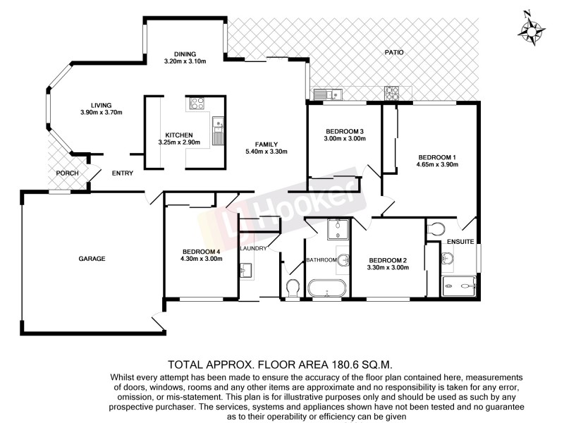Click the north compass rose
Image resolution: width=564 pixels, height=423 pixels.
(x=531, y=29)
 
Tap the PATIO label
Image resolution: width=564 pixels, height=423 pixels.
(x=393, y=51)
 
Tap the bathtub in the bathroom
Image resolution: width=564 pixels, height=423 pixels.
(x=326, y=288)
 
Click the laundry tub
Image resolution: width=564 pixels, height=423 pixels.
(x=246, y=271)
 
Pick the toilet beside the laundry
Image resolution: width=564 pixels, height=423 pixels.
(x=293, y=288)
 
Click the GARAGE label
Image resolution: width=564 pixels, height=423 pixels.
(x=92, y=259)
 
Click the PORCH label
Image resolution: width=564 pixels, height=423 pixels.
(x=67, y=173)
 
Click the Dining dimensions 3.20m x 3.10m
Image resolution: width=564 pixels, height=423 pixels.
(x=185, y=61)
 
